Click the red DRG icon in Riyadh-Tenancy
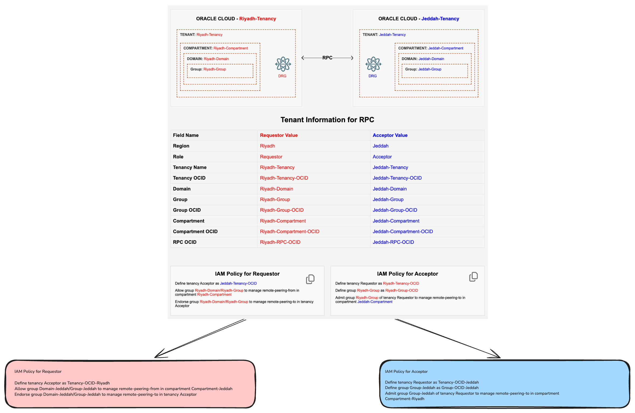point(283,64)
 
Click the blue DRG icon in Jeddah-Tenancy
point(373,64)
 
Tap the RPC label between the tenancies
point(327,58)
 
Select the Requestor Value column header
point(279,135)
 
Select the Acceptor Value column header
point(390,135)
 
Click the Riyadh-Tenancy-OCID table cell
point(284,178)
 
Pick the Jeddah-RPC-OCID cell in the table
point(393,242)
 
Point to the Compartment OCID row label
point(195,231)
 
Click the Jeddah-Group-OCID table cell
point(395,210)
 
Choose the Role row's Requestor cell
point(271,157)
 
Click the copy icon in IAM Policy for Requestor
point(310,279)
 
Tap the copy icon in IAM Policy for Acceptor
point(473,277)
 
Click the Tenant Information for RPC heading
point(327,120)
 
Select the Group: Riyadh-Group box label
point(208,69)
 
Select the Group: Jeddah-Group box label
point(423,69)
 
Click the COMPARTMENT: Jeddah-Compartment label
point(430,48)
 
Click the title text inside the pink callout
point(38,372)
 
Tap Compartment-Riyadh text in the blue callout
point(404,399)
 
